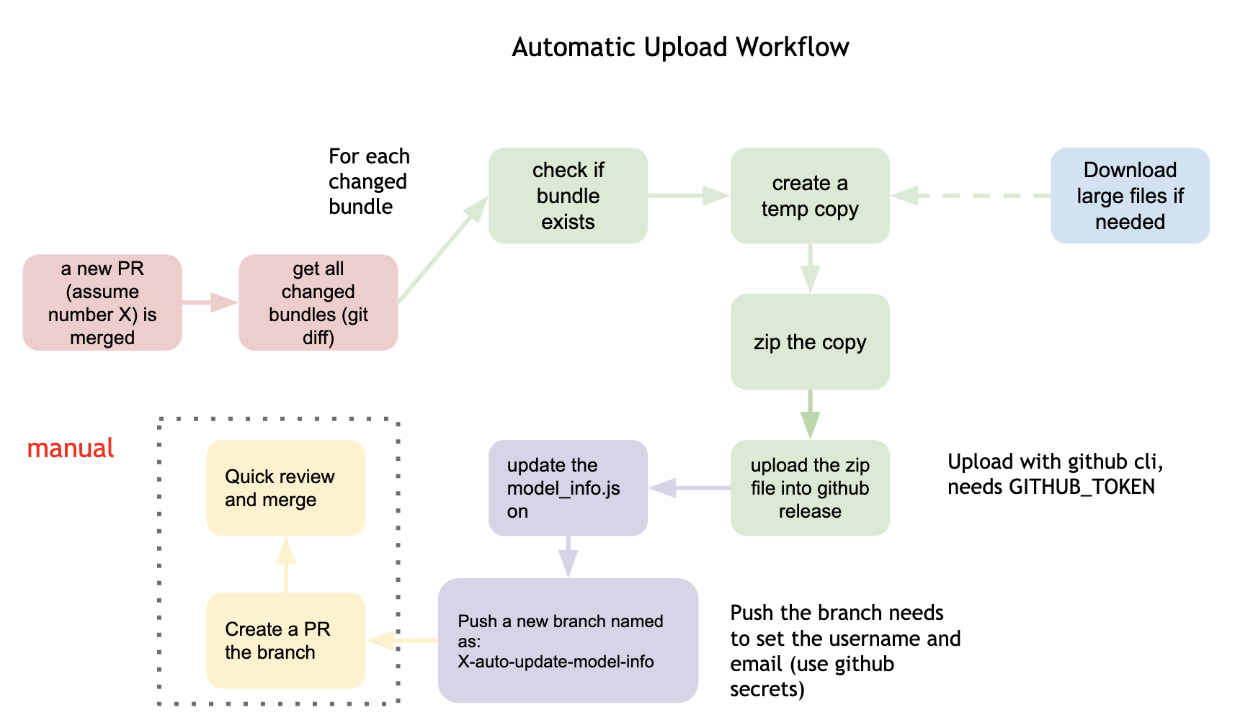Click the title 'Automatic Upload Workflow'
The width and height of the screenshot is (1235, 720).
click(679, 48)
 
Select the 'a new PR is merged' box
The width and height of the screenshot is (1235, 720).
click(102, 302)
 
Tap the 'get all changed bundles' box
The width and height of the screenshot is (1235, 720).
click(318, 302)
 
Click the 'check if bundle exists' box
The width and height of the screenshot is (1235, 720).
click(568, 196)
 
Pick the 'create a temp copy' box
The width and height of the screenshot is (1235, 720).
click(810, 196)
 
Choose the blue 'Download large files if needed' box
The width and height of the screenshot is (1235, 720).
click(1129, 196)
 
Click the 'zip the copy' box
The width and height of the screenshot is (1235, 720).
click(810, 342)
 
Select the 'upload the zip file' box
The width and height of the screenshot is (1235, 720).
click(810, 488)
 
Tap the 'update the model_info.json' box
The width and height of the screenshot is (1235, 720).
click(568, 488)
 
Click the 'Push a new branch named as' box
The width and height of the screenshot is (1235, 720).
click(568, 641)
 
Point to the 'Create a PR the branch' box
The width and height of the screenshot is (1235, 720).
click(285, 641)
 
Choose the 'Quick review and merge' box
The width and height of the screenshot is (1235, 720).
click(285, 488)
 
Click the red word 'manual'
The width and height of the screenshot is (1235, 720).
click(71, 449)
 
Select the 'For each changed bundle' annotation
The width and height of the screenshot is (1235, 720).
click(368, 181)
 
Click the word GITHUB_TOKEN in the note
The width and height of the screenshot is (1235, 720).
click(1082, 487)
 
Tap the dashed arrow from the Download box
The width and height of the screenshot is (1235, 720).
click(973, 196)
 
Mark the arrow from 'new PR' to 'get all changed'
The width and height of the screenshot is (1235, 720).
click(209, 302)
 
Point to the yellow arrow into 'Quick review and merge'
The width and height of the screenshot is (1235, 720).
click(286, 565)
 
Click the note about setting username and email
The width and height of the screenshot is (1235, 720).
click(844, 651)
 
